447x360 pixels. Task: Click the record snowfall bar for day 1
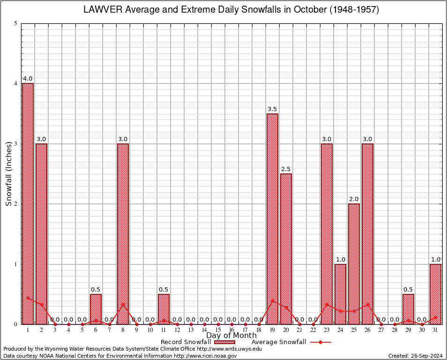point(28,203)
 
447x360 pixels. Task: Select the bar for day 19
point(272,218)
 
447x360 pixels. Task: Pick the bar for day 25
point(354,263)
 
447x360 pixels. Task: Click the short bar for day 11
point(164,309)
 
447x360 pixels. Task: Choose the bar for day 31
point(435,294)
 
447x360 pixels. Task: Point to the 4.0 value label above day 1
point(28,79)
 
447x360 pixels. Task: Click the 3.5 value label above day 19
point(272,109)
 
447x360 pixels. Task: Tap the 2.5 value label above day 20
point(286,169)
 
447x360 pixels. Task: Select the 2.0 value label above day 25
point(354,199)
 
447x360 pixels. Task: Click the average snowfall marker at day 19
point(272,300)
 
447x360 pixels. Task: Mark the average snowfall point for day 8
point(123,304)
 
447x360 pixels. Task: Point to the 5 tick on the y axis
point(16,23)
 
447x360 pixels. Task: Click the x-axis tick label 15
point(218,330)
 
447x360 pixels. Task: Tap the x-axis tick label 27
point(381,330)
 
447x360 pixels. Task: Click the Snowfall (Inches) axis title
point(8,174)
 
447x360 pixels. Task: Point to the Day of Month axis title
point(231,336)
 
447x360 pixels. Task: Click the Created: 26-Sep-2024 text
point(415,356)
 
